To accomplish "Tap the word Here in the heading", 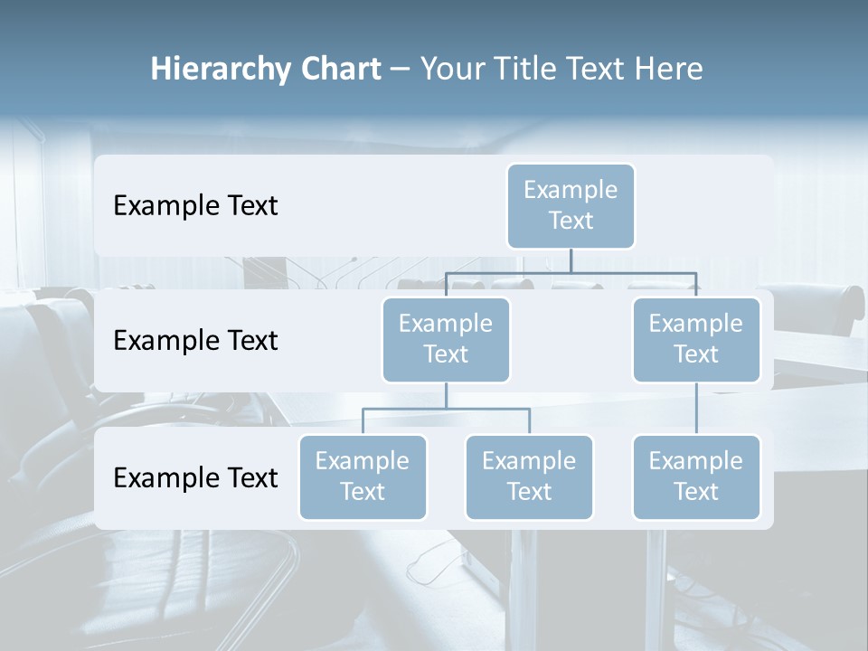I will pos(669,69).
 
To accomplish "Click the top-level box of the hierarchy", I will pos(571,206).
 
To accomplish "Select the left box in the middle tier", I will pos(446,340).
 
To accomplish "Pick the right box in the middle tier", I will pos(696,340).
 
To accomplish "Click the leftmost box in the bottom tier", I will pos(363,477).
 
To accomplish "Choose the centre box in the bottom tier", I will pos(529,477).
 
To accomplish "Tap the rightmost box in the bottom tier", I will pos(696,477).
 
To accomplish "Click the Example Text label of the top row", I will pos(195,206).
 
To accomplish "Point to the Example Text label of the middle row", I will pos(195,341).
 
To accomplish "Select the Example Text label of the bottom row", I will pos(195,477).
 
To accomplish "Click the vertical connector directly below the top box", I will pos(571,260).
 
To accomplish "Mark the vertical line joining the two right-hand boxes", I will pos(696,409).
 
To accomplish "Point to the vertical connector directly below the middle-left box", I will pos(446,395).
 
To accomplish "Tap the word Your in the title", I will pos(450,69).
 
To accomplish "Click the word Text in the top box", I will pos(571,221).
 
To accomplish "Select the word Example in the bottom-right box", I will pos(696,461).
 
